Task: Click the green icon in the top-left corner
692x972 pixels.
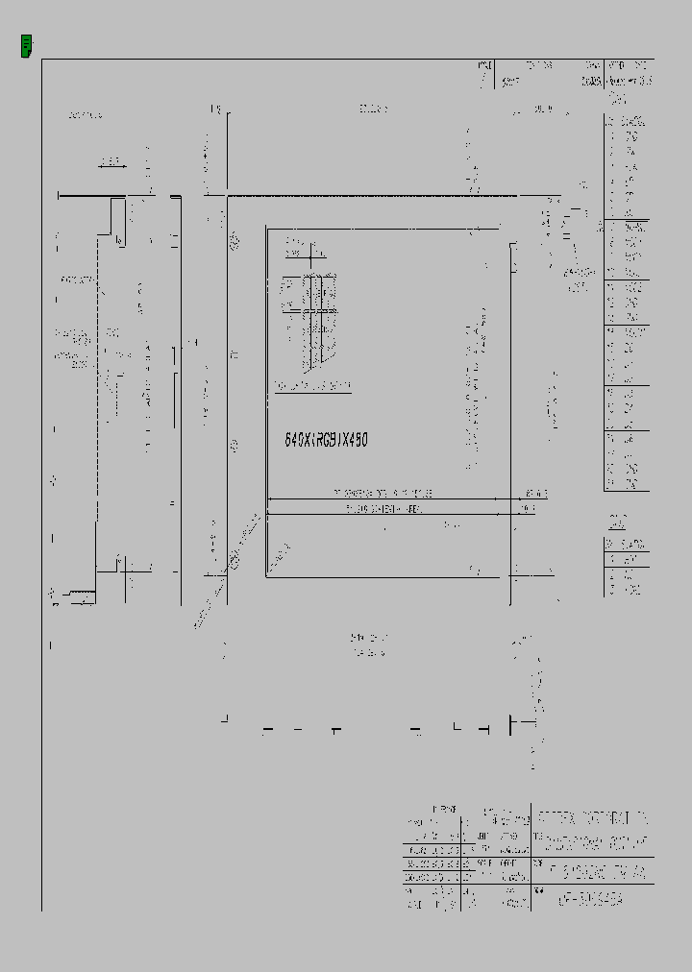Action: point(27,44)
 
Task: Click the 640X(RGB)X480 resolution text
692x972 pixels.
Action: point(326,439)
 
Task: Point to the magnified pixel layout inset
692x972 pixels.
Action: point(310,323)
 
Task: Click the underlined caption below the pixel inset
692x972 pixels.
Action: point(311,387)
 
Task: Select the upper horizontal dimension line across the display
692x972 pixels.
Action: point(388,498)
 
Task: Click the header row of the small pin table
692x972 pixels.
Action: point(626,542)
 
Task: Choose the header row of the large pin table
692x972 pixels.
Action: point(626,122)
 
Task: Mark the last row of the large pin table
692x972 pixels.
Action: point(626,483)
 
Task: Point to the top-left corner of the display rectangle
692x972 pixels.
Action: point(267,230)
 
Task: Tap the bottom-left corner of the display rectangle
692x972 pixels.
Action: point(267,576)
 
